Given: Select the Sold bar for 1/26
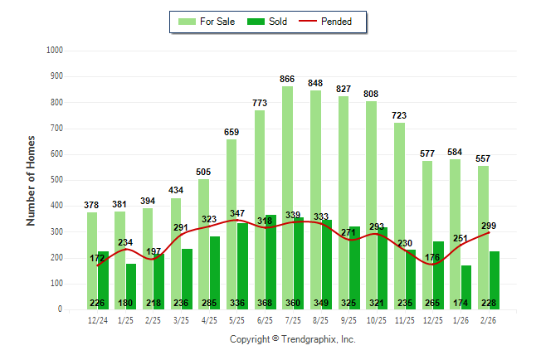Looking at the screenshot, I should point(465,282).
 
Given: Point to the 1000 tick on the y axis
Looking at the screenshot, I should point(54,51).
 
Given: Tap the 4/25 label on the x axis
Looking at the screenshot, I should point(209,321).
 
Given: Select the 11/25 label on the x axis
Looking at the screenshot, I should point(405,321).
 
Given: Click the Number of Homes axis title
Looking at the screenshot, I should point(31,180).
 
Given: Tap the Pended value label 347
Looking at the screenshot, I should point(237,214).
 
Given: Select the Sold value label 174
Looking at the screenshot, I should point(460,302).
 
